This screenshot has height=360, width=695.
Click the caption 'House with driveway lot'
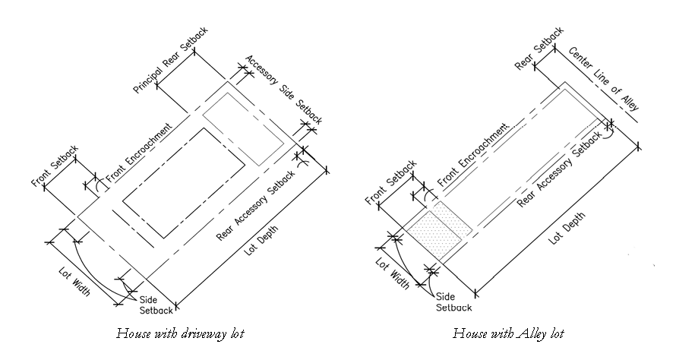181,333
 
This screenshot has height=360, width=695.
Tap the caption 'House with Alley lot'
508,333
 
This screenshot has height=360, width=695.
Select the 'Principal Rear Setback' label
171,60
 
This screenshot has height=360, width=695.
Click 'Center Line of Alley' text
604,78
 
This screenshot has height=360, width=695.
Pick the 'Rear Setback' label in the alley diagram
539,48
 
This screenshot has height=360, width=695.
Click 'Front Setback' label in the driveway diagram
55,166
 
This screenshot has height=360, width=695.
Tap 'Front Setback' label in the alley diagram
391,182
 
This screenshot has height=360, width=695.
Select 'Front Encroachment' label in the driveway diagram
139,153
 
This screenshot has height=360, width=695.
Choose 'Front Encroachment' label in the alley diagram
472,155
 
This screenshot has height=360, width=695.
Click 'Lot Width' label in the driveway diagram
74,282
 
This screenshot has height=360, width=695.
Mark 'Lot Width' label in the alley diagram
392,273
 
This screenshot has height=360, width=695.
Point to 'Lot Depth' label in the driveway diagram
261,240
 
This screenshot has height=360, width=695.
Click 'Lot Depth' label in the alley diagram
567,229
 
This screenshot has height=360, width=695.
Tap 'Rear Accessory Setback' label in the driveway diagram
256,205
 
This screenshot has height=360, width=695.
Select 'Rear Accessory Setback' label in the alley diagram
559,169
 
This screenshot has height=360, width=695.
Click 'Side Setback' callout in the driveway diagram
156,305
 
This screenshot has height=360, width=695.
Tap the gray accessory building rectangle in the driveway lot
243,128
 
